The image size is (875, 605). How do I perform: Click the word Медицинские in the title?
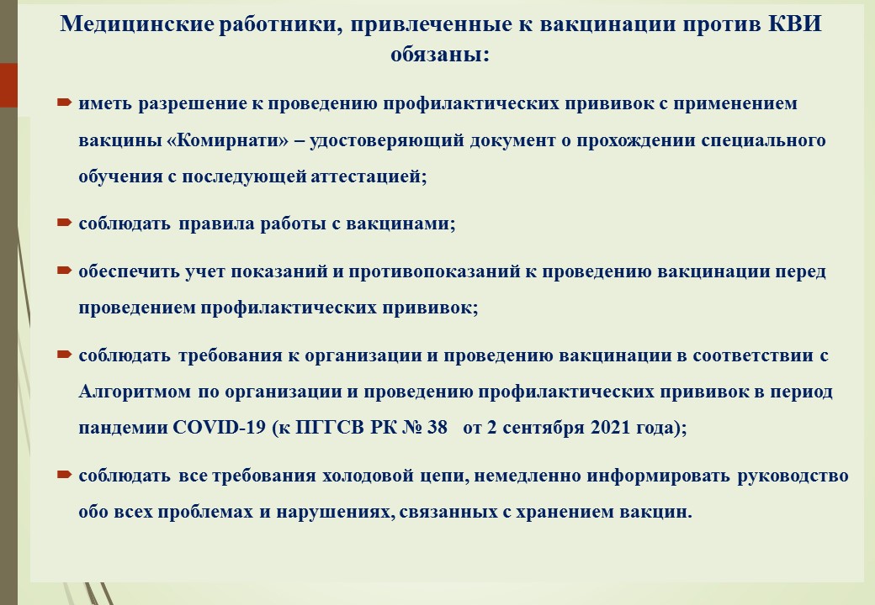(136, 25)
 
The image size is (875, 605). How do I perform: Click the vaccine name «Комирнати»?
(228, 139)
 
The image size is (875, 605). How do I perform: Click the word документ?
(513, 140)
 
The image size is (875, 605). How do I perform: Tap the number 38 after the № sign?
(437, 428)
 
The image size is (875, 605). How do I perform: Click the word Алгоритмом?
(135, 392)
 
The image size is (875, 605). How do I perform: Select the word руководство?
(793, 476)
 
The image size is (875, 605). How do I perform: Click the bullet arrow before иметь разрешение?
(64, 103)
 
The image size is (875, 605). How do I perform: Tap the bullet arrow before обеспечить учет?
(64, 271)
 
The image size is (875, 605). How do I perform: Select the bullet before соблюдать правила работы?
(64, 223)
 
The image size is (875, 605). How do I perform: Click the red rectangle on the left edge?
(8, 85)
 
